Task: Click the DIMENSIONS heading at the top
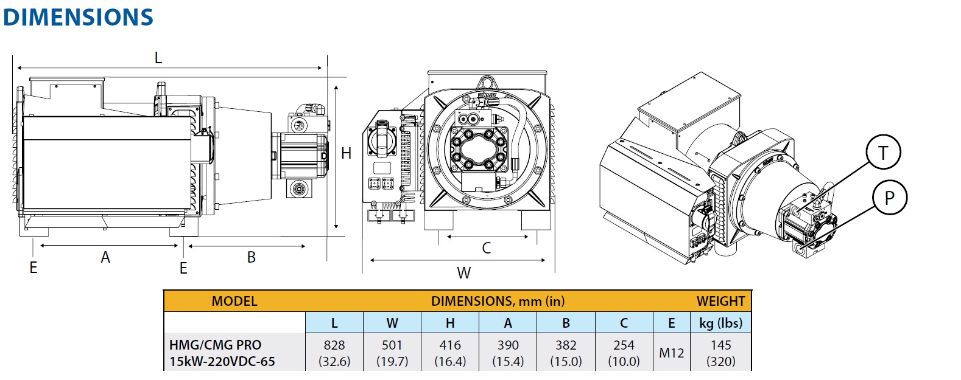(x=78, y=17)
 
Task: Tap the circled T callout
(x=883, y=153)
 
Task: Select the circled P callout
(x=889, y=198)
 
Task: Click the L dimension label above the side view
(x=158, y=58)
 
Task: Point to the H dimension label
(x=346, y=154)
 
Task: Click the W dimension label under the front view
(x=464, y=273)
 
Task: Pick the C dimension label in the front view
(x=486, y=248)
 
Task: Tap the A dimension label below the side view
(x=105, y=258)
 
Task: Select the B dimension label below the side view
(x=251, y=258)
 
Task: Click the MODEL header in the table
(x=234, y=302)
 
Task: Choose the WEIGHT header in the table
(x=720, y=302)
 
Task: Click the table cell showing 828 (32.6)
(x=334, y=353)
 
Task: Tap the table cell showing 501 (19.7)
(x=392, y=353)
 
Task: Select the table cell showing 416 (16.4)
(x=450, y=353)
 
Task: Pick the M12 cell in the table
(x=671, y=353)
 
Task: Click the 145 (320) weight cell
(x=720, y=353)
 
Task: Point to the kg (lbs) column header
(x=720, y=323)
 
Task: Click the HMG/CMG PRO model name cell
(x=222, y=353)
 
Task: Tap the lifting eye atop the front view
(x=487, y=81)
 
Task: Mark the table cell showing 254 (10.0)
(x=624, y=353)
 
